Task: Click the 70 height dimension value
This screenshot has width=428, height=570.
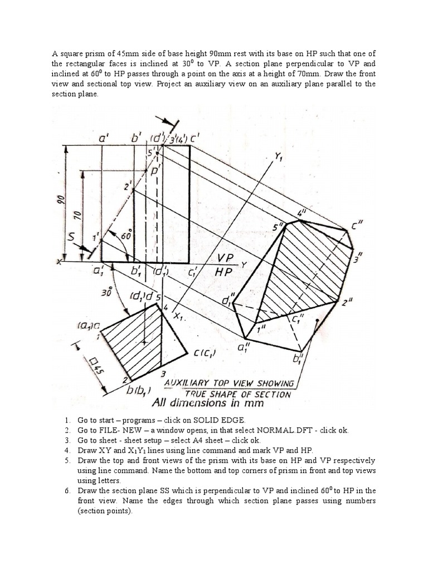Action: (x=79, y=214)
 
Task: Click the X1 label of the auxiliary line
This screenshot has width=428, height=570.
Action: (x=179, y=316)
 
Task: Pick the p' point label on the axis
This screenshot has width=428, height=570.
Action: (x=155, y=172)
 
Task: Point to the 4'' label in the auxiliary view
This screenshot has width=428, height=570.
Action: (x=301, y=212)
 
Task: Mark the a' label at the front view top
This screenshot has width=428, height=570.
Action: (x=104, y=136)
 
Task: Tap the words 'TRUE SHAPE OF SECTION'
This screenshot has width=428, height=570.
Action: (x=238, y=394)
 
